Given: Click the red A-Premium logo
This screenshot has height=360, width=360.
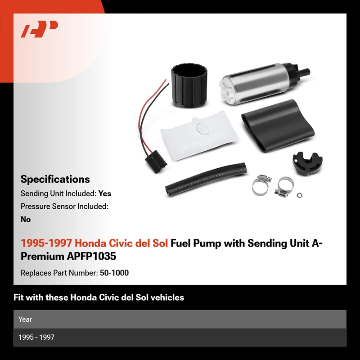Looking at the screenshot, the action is point(39,29).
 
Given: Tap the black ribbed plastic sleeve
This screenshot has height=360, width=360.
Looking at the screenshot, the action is point(189,85).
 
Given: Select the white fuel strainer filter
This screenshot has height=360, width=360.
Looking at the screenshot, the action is point(199,135).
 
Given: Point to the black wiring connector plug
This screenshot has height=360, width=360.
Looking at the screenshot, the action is point(156,162).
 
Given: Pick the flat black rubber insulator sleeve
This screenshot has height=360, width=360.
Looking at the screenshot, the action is point(278,126).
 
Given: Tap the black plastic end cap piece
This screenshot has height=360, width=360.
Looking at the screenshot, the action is point(307,163).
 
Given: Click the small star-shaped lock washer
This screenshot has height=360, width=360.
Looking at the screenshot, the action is point(299,195).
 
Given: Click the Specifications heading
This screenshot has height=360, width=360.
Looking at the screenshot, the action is point(55,179).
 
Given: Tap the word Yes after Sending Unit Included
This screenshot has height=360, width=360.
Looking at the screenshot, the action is point(105,193).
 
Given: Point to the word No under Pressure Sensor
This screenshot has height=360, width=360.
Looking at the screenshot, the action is point(26,219).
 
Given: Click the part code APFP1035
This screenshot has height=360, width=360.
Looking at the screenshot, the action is point(91,256).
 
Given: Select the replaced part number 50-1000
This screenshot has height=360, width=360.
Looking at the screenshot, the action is point(114,273).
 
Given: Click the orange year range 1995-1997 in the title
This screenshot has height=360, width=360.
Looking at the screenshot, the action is point(46,243).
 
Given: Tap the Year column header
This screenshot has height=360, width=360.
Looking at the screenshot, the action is point(25,319).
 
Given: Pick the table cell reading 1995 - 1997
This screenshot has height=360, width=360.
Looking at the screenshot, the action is point(36,337).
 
